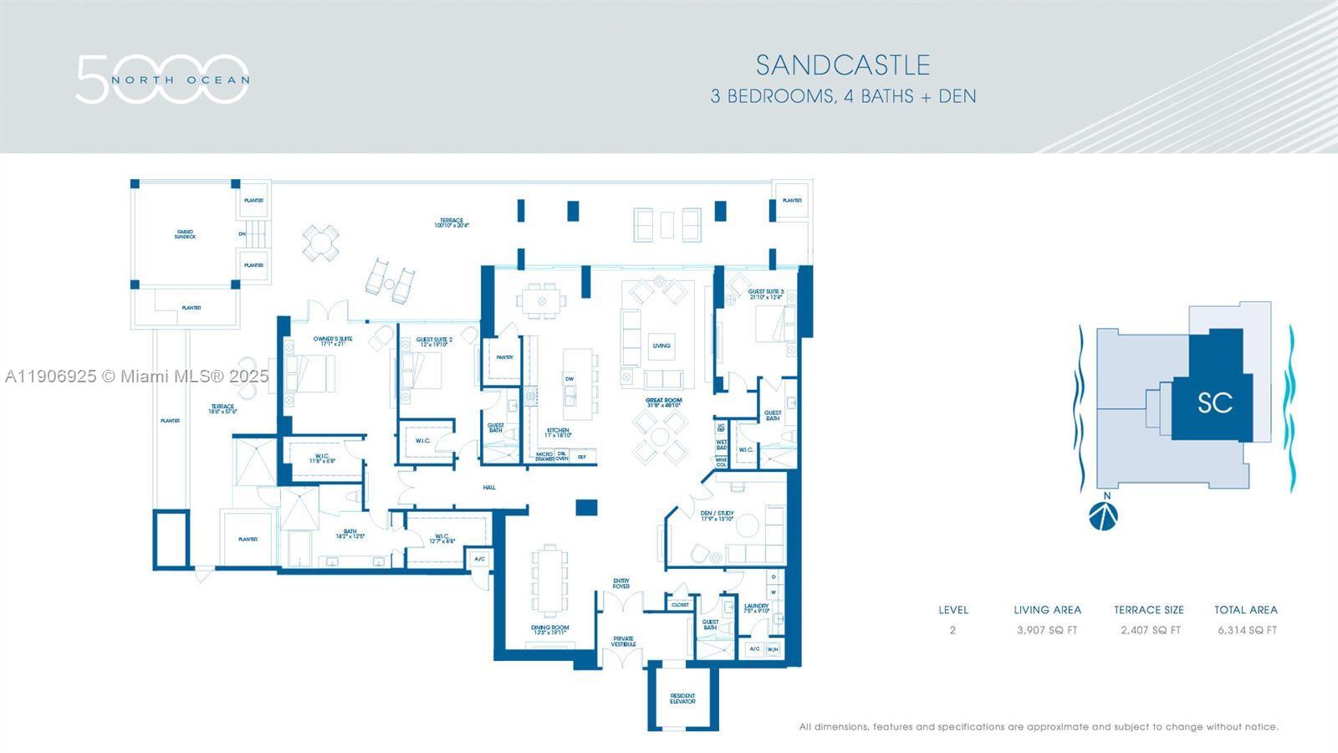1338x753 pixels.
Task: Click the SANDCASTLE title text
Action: pos(843,65)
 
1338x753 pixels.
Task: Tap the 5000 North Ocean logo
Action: pos(162,79)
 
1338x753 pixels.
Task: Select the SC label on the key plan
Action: pos(1214,402)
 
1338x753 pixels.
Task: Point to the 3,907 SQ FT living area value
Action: pos(1047,630)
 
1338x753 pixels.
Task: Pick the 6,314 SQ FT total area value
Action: pos(1247,630)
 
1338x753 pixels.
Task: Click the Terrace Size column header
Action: pos(1148,610)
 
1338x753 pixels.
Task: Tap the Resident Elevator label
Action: pos(682,699)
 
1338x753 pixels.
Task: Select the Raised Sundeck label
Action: pos(185,234)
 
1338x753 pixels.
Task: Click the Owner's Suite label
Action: pos(333,340)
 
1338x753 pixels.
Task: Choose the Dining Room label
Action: pos(549,629)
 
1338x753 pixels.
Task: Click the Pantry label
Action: pos(504,357)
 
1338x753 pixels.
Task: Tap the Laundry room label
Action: pos(756,607)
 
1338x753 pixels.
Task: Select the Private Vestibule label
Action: pos(623,641)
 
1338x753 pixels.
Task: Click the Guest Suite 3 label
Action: pos(765,294)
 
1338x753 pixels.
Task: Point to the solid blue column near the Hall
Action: pos(587,507)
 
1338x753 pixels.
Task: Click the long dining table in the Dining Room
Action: pos(549,581)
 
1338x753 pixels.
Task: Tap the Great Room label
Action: pos(664,402)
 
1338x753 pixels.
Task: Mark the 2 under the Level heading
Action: pos(952,630)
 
